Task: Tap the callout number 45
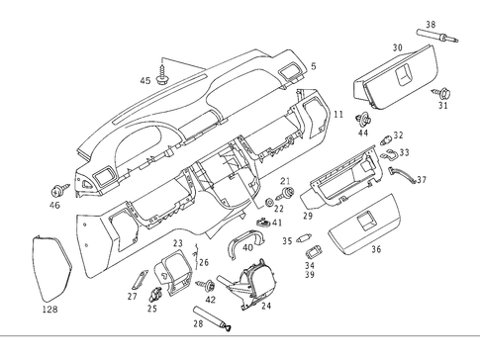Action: [144, 80]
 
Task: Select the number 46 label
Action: [54, 205]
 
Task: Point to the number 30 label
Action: [397, 47]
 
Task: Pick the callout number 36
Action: [376, 249]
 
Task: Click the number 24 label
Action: [265, 306]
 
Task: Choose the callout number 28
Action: [198, 323]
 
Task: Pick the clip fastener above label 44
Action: [363, 119]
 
